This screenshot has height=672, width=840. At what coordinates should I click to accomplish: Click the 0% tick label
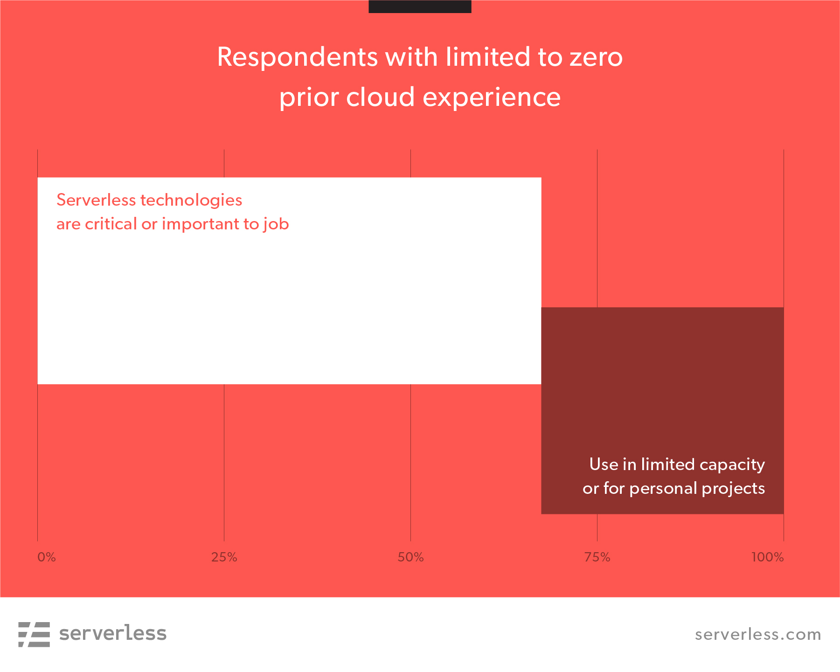point(47,557)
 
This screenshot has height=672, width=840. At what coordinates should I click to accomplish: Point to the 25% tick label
point(224,557)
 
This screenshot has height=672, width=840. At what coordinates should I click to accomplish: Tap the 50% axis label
point(411,557)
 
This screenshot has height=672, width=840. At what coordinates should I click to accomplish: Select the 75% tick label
point(597,557)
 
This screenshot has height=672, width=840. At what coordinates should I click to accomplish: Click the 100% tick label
point(768,557)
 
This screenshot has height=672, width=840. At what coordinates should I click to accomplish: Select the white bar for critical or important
point(289,281)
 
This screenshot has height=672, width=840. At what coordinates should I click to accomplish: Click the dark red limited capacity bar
point(662,410)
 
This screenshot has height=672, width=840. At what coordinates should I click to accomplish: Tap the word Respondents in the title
point(298,58)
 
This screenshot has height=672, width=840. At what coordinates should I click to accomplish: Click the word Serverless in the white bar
point(96,200)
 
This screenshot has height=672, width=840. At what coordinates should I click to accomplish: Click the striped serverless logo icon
point(34,634)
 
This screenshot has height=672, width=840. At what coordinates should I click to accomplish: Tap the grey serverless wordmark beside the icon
point(113,633)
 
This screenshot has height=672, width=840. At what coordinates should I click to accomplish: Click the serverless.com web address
point(758,635)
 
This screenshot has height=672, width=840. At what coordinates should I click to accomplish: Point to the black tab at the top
point(420,7)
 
